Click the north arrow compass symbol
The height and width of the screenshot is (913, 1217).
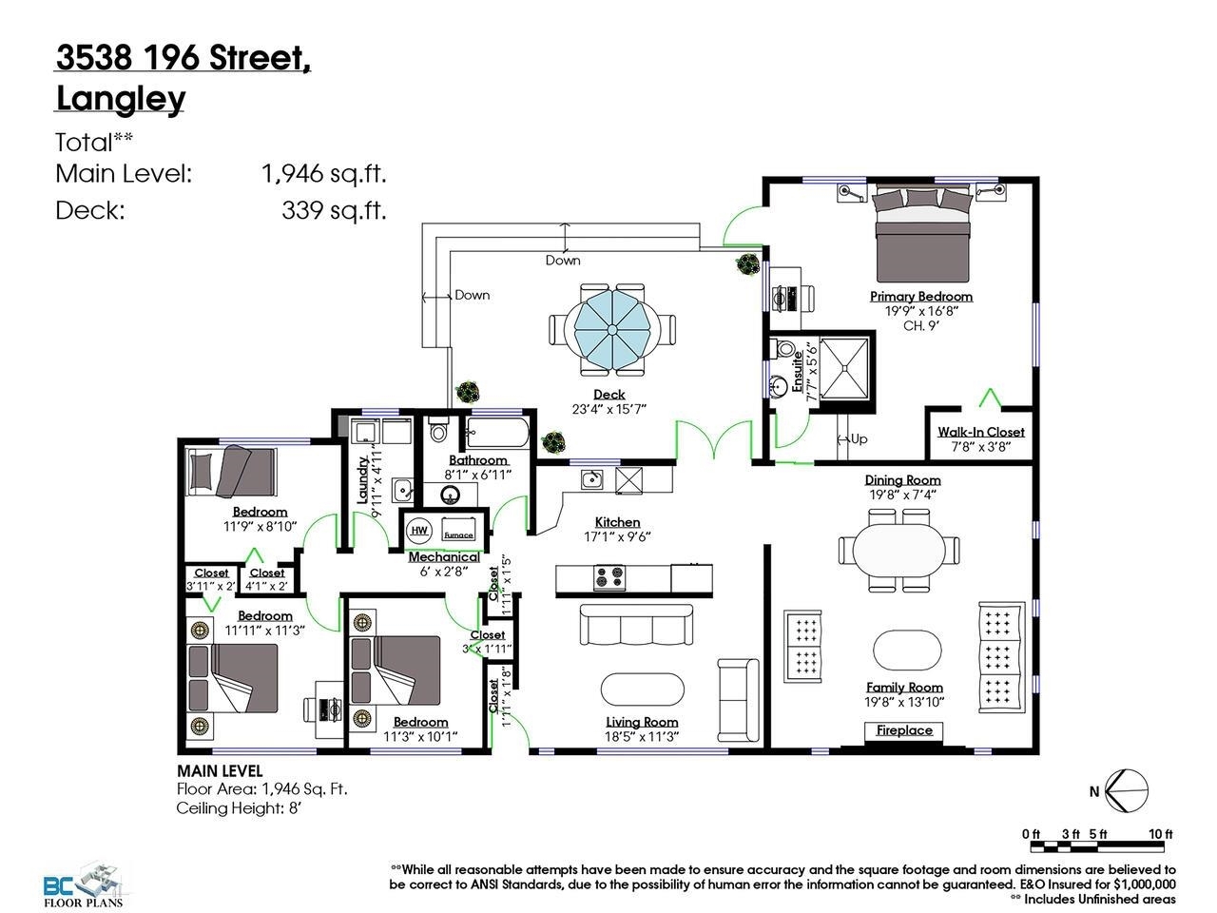tap(1128, 790)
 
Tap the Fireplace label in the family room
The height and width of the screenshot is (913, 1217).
tap(904, 730)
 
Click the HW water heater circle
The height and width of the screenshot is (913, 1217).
tap(419, 531)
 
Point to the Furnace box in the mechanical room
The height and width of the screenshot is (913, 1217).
tap(458, 532)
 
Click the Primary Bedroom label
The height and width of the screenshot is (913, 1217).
tap(921, 296)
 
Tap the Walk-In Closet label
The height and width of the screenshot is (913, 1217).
tap(980, 432)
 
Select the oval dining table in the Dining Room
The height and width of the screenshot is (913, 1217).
tap(898, 550)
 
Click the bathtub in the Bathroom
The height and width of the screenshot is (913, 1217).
tap(496, 435)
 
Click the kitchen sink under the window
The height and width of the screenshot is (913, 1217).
tap(591, 478)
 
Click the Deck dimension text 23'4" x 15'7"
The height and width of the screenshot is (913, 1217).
tap(608, 409)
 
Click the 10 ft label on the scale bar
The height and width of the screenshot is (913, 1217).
tap(1160, 834)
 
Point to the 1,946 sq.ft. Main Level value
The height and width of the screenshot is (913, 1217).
tap(323, 173)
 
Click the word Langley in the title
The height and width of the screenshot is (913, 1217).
tap(121, 98)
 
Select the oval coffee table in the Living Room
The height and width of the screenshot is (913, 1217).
tap(642, 689)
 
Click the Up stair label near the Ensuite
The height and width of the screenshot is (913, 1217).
tap(858, 438)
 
